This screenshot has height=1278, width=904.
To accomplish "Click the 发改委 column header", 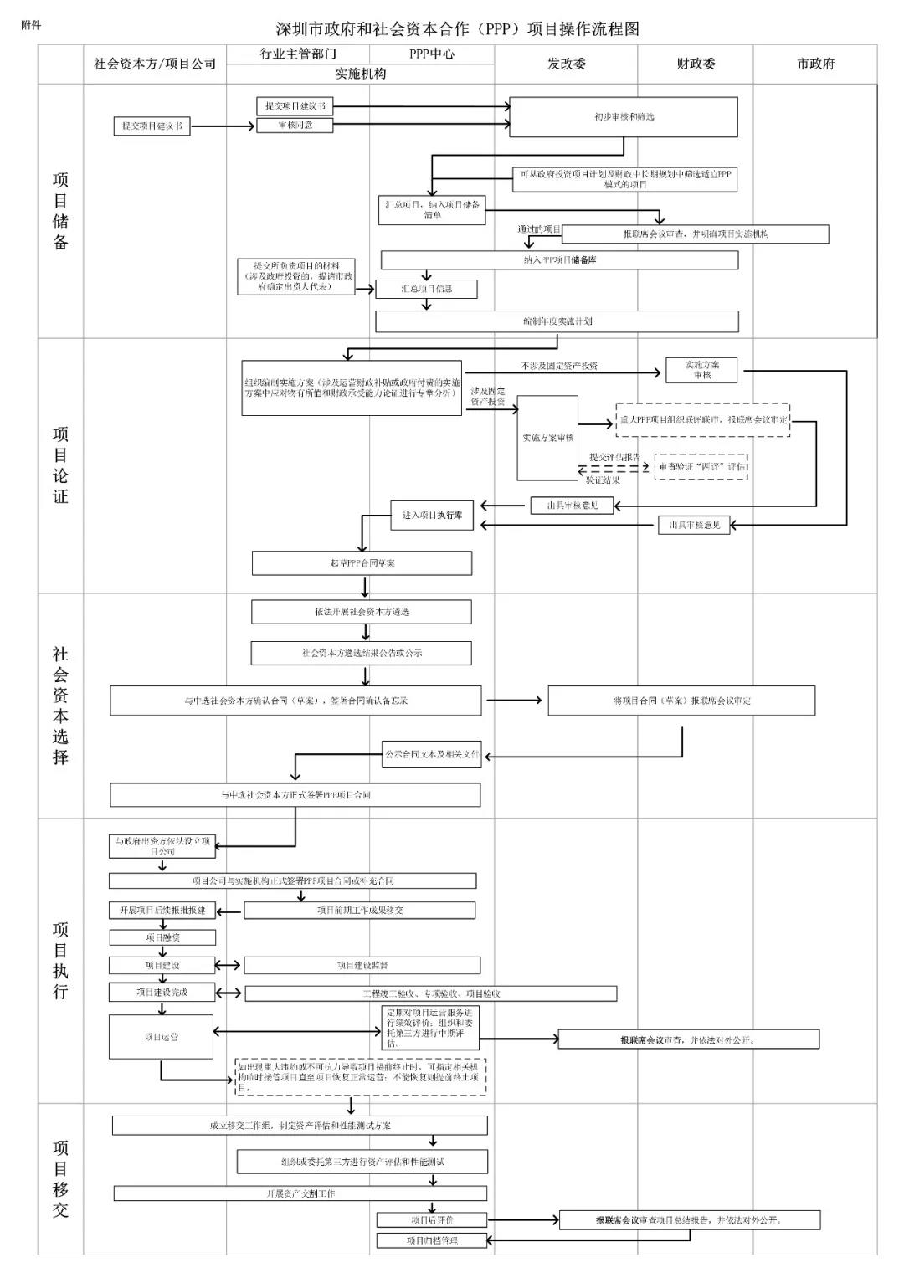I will coord(566,64).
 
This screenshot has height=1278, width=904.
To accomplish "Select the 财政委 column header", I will coord(696,64).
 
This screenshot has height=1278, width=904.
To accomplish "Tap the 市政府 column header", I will coord(815,64).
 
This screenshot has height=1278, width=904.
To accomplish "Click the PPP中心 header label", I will coord(432,54).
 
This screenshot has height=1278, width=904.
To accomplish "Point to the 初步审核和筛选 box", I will coord(624,117).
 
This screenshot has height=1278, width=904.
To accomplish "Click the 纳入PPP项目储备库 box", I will coord(559,260).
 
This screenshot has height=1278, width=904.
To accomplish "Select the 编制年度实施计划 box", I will coord(557,321).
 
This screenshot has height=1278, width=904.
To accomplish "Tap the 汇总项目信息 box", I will coord(426,289).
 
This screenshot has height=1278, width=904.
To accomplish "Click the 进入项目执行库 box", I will coord(432,516).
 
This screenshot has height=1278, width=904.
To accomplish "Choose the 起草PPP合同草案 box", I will coord(362,563).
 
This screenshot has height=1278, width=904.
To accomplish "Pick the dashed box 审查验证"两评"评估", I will coord(701,467).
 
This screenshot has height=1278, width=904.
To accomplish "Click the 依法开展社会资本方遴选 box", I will coord(362,612).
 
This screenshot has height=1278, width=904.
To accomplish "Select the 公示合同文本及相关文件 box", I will coord(432,754).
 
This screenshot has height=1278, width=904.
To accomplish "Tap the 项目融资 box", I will coord(162,937).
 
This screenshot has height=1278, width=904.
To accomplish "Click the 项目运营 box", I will coord(161,1037).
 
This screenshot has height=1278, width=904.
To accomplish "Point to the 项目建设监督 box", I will coord(362,966).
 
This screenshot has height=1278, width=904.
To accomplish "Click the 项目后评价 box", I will coord(432,1220).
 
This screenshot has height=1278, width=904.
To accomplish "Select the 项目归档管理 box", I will coord(432,1240).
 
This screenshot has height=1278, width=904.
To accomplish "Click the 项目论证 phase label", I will coord(60,465).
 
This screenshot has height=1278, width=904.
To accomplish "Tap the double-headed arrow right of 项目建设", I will coord(229,966).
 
